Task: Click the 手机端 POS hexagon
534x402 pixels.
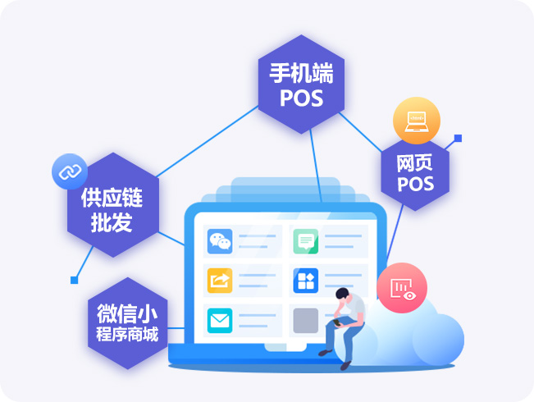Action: click(301, 85)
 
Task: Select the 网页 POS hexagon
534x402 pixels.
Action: click(415, 171)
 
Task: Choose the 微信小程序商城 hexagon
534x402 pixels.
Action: click(127, 323)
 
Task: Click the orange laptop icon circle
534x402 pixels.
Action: click(417, 121)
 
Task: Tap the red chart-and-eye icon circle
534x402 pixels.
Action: click(402, 287)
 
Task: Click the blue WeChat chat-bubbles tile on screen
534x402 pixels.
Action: click(220, 241)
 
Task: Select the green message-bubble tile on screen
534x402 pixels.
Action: click(305, 241)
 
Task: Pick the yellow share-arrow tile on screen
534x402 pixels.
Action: click(220, 281)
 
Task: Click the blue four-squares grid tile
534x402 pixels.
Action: click(305, 281)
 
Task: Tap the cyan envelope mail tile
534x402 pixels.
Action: click(220, 320)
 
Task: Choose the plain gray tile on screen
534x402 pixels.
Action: click(305, 320)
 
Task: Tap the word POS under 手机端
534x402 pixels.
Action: click(301, 98)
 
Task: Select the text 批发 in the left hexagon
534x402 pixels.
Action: click(107, 223)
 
